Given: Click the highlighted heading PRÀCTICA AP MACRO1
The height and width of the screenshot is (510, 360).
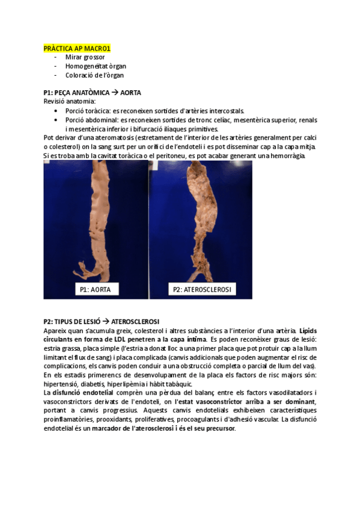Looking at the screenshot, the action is pos(77,48).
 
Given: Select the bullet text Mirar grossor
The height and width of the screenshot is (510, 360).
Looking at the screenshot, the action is pos(85,57).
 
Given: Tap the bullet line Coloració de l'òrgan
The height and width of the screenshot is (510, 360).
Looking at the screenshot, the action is pos(95,75).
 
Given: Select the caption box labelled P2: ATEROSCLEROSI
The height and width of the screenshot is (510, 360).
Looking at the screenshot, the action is pos(202,290).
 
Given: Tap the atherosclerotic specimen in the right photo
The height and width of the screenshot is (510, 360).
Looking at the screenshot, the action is pos(201,223).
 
